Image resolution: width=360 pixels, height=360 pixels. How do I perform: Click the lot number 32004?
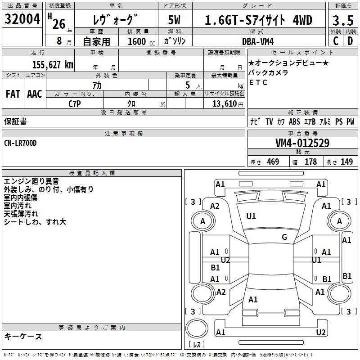pyautogui.click(x=23, y=20)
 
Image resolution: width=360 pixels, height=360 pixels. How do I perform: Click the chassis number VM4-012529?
pyautogui.click(x=302, y=144)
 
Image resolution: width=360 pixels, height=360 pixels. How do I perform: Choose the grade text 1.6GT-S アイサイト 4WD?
pyautogui.click(x=258, y=21)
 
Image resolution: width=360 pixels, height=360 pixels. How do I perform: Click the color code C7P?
pyautogui.click(x=75, y=103)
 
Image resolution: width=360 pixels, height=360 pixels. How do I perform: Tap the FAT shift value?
pyautogui.click(x=13, y=94)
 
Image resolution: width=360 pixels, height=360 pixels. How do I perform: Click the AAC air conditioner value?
pyautogui.click(x=35, y=94)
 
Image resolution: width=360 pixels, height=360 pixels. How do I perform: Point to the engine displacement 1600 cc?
pyautogui.click(x=138, y=41)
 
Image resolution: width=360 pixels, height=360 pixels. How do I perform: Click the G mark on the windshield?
pyautogui.click(x=284, y=237)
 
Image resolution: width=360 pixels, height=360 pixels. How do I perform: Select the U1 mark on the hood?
pyautogui.click(x=251, y=216)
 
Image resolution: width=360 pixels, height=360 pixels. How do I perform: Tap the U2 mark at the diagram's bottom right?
pyautogui.click(x=321, y=332)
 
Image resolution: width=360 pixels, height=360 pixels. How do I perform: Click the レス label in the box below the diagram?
pyautogui.click(x=197, y=345)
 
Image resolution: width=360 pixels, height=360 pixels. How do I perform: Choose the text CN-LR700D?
pyautogui.click(x=20, y=143)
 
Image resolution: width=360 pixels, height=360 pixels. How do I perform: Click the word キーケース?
pyautogui.click(x=23, y=337)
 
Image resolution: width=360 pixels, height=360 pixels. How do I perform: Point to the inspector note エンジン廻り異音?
pyautogui.click(x=31, y=181)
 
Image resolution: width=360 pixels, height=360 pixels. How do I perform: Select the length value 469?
pyautogui.click(x=273, y=162)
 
